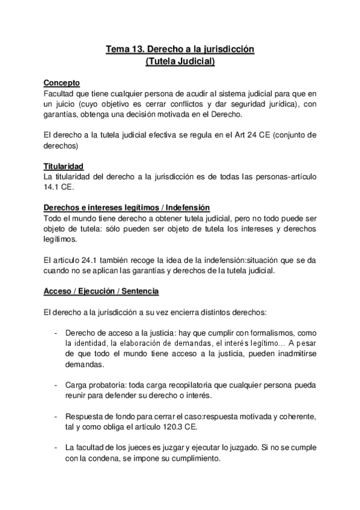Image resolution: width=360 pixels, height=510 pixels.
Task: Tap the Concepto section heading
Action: (x=62, y=83)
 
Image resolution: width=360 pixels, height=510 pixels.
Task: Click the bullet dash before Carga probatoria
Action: (x=56, y=384)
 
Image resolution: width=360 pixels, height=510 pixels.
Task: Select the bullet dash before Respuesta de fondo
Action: (x=56, y=416)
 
